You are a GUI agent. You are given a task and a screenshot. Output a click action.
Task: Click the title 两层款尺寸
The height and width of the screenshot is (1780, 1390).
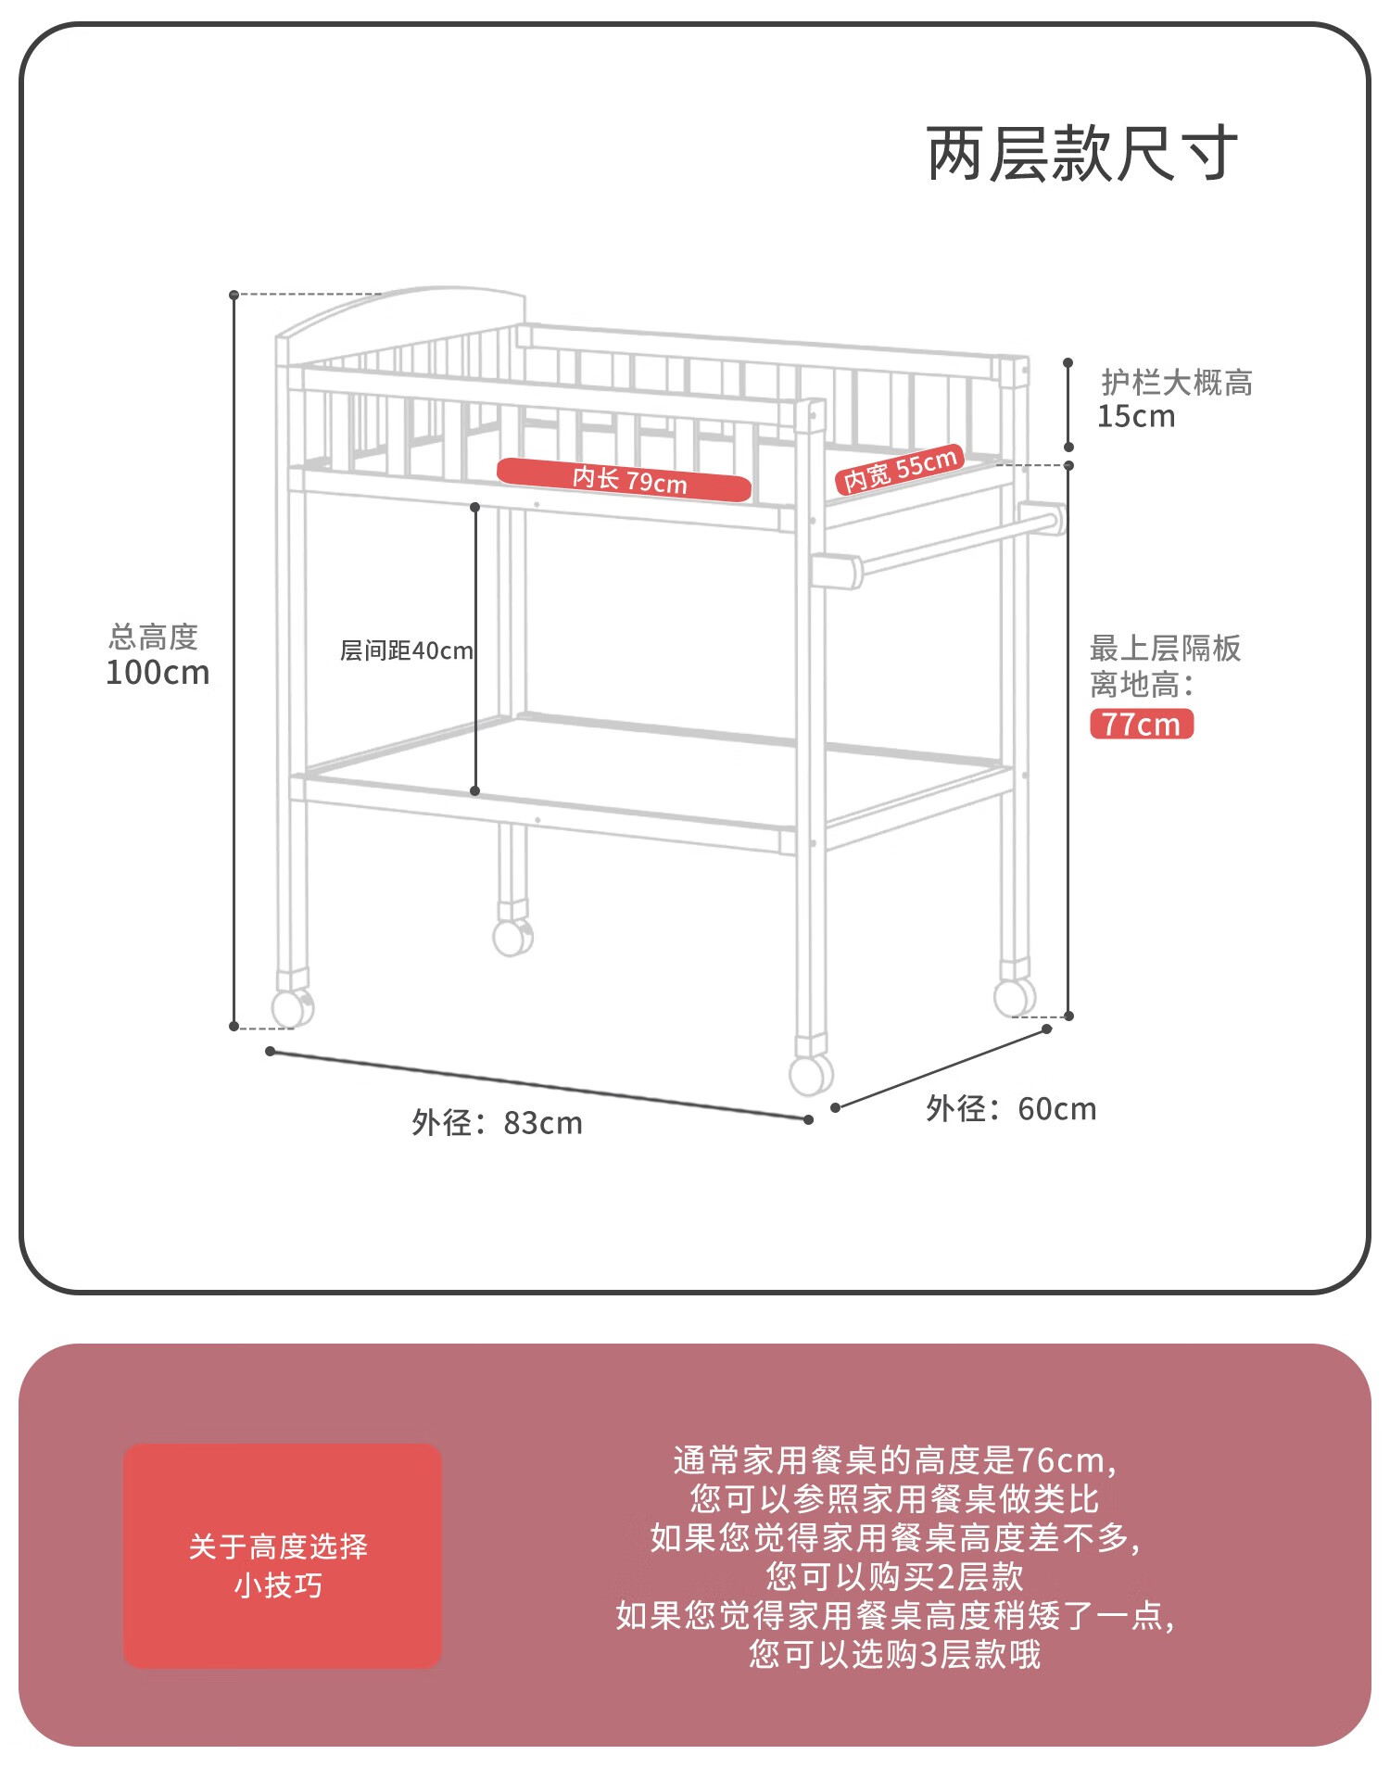coord(1081,154)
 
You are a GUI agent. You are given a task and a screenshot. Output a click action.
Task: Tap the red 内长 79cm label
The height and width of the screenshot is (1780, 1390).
coord(625,479)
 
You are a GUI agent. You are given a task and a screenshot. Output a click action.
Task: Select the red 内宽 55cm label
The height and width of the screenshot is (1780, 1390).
coord(900,469)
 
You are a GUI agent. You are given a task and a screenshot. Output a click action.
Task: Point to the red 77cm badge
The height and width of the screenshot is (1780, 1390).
coord(1142,724)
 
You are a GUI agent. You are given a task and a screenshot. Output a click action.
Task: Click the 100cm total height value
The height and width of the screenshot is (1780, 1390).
coord(158,673)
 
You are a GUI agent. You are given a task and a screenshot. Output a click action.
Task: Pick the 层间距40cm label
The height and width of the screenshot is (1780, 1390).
coord(406,650)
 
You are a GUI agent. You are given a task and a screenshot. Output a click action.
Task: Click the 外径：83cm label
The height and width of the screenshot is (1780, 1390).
coord(498,1123)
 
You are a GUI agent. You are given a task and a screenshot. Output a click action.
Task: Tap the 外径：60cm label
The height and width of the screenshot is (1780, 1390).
coord(1011,1109)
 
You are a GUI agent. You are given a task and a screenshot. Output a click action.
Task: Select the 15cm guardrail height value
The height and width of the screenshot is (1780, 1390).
coord(1136,417)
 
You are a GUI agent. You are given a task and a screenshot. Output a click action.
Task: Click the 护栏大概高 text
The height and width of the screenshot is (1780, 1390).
coord(1177,382)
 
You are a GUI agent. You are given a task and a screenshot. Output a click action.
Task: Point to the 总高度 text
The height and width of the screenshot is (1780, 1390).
coord(154,637)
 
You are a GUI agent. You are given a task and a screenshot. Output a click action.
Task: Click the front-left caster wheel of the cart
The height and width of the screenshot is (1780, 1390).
coord(292,1007)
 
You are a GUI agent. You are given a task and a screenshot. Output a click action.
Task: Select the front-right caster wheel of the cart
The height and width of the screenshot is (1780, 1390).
coord(810,1075)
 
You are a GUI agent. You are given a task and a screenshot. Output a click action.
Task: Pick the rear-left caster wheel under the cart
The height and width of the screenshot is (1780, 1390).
coord(512,937)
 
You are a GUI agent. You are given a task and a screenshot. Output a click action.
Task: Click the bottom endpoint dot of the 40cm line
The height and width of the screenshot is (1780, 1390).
coord(474,790)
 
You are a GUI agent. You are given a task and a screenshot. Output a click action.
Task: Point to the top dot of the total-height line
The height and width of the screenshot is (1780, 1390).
coord(234,295)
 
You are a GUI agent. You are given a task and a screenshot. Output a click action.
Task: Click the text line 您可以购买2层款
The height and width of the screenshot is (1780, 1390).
coord(895,1576)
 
